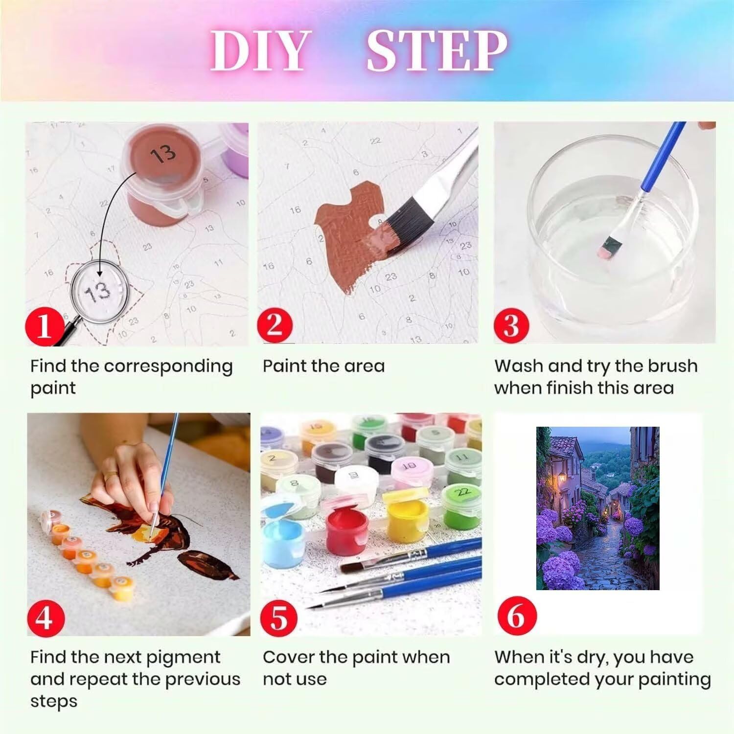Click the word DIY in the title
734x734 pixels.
coord(260,51)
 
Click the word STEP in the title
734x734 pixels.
coord(437,51)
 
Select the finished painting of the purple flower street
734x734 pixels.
coord(597,508)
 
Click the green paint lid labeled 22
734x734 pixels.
coord(462,491)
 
